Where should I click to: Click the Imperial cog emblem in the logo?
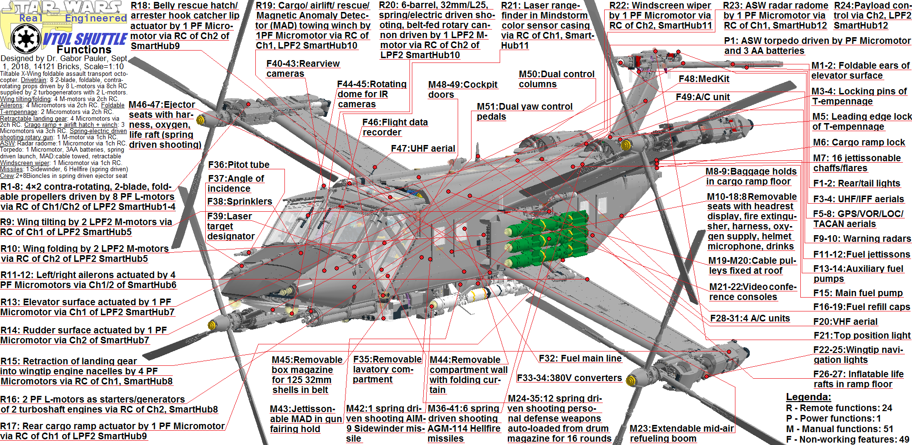pyautogui.click(x=26, y=39)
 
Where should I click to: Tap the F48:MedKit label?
pyautogui.click(x=704, y=79)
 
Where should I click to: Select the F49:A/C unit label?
pyautogui.click(x=702, y=97)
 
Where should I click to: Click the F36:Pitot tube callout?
pyautogui.click(x=239, y=165)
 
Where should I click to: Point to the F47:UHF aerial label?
pyautogui.click(x=423, y=148)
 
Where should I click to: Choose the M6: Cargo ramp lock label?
pyautogui.click(x=859, y=142)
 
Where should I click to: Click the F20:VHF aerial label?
pyautogui.click(x=845, y=321)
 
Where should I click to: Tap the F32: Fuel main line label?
pyautogui.click(x=580, y=358)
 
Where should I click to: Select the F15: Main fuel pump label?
pyautogui.click(x=858, y=293)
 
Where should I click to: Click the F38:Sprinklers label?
pyautogui.click(x=239, y=201)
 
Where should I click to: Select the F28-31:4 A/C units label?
pyautogui.click(x=750, y=318)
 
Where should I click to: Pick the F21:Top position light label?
pyautogui.click(x=861, y=335)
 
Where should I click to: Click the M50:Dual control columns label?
pyautogui.click(x=556, y=79)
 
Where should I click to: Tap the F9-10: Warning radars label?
pyautogui.click(x=862, y=238)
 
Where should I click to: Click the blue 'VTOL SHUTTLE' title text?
pyautogui.click(x=84, y=39)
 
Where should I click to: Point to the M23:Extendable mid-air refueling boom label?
pyautogui.click(x=681, y=433)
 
